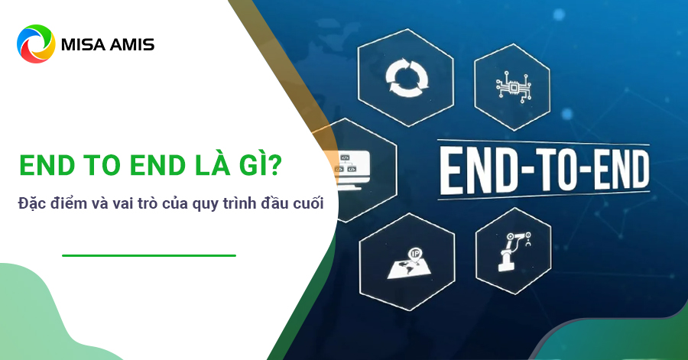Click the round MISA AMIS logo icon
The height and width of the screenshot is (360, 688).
(36, 44)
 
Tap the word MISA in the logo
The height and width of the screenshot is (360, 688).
(83, 44)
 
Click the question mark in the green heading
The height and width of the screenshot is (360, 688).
(274, 165)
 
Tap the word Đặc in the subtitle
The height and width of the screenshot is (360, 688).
(31, 203)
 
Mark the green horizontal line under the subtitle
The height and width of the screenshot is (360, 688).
(149, 255)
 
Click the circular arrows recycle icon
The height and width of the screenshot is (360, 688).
(407, 78)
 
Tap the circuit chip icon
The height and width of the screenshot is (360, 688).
(513, 87)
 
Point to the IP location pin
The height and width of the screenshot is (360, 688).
(414, 255)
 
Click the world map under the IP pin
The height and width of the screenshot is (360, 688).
(408, 268)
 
